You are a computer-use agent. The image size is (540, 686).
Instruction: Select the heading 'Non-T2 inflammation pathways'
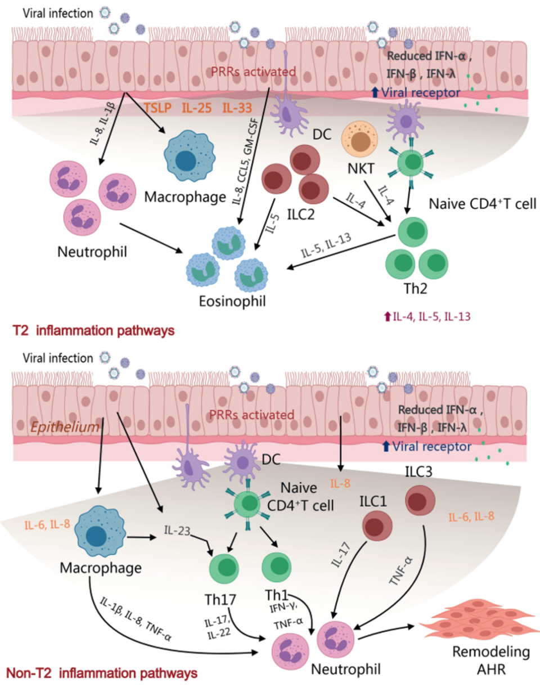[101, 672]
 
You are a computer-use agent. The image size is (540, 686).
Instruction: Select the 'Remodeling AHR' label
[488, 661]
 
